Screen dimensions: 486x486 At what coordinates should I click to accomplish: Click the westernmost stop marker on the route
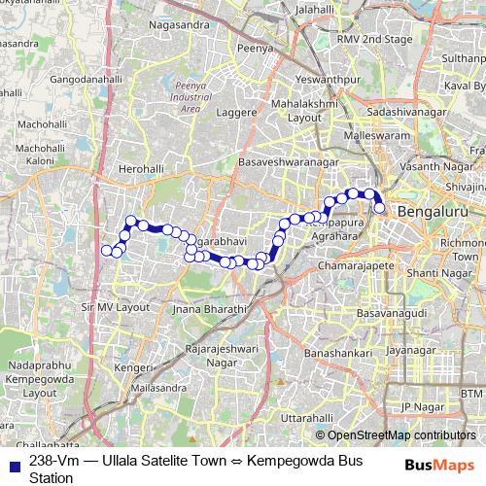(x=107, y=251)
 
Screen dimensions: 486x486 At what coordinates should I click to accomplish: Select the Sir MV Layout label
(x=115, y=306)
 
